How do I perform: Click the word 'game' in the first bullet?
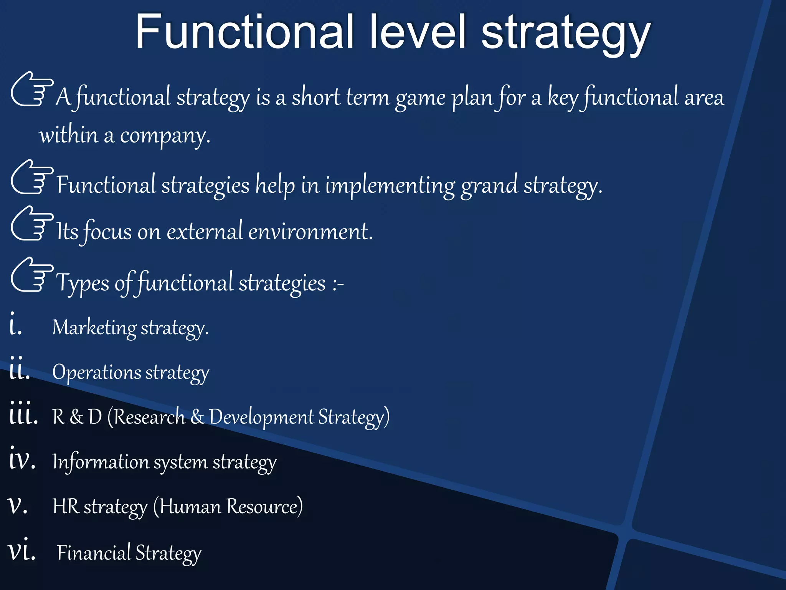pyautogui.click(x=420, y=98)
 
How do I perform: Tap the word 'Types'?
pyautogui.click(x=83, y=283)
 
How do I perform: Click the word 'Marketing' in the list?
pyautogui.click(x=94, y=328)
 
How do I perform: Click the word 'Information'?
pyautogui.click(x=101, y=462)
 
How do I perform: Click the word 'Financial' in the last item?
pyautogui.click(x=94, y=553)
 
